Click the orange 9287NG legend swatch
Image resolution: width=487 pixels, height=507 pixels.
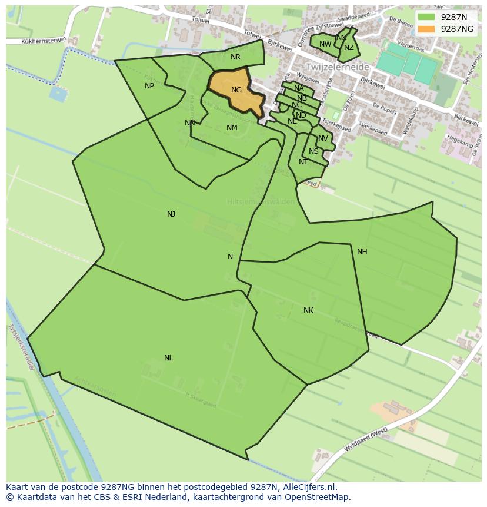(x=427, y=29)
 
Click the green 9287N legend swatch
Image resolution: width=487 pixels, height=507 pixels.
(x=427, y=17)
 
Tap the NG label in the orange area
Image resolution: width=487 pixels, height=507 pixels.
(x=236, y=90)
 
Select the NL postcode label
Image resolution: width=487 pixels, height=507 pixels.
(x=169, y=358)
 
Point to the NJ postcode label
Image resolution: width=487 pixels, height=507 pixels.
(x=171, y=214)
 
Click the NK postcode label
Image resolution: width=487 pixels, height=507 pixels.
(x=308, y=310)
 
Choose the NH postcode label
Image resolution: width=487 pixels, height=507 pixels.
(x=362, y=252)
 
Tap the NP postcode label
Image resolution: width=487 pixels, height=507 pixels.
(x=149, y=86)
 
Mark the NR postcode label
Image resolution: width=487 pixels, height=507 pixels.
(x=235, y=57)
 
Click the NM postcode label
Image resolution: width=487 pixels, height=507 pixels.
(x=232, y=128)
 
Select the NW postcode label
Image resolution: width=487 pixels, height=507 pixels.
(x=325, y=44)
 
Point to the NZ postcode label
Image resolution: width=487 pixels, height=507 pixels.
(x=349, y=48)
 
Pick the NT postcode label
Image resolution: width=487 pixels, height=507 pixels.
(x=303, y=162)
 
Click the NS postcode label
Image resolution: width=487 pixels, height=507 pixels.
(x=313, y=151)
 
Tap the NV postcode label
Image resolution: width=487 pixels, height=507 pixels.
(x=323, y=139)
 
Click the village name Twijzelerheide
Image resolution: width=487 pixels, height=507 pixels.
(x=338, y=68)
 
